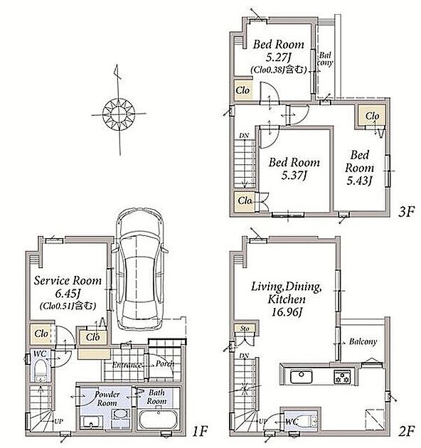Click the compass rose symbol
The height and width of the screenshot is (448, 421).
(119, 114)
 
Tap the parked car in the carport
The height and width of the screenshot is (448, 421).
(140, 270)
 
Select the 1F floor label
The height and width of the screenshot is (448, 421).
(200, 432)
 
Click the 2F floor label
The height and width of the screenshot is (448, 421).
(405, 432)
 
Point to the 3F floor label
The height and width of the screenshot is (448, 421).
(406, 212)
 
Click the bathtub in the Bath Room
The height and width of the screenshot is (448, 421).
(159, 419)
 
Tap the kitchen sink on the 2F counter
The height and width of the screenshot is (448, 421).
(302, 377)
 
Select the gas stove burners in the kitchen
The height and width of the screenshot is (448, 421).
(342, 377)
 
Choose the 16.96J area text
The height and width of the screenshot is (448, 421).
(287, 312)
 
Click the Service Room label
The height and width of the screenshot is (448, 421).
(68, 281)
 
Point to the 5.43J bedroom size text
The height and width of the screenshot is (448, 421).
(360, 181)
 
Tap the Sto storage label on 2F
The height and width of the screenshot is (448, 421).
(245, 329)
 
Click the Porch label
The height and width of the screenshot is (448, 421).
(165, 363)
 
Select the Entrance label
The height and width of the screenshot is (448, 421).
(127, 365)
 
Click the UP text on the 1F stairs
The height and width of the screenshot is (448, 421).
(58, 421)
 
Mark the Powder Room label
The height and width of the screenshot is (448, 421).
(107, 398)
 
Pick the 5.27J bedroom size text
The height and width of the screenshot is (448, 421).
(278, 58)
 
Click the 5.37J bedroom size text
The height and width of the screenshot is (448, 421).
(294, 175)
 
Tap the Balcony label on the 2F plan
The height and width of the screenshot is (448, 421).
(363, 342)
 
